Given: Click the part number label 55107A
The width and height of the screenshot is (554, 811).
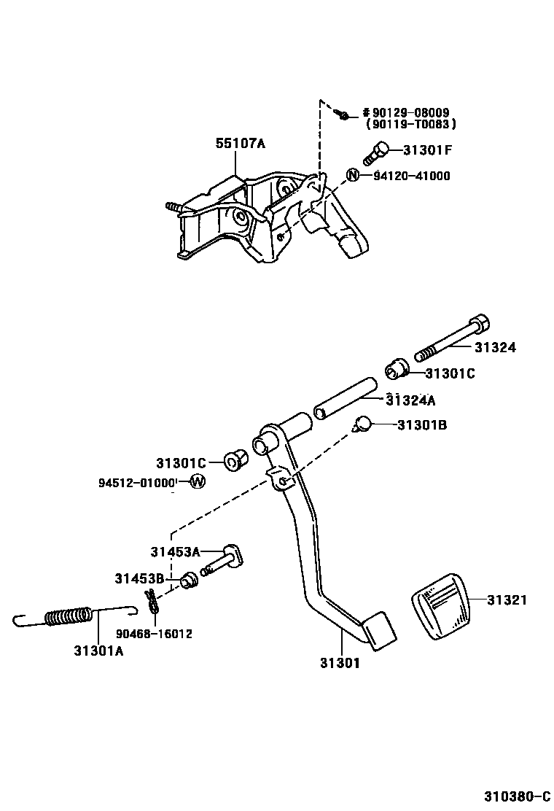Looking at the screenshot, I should [x=240, y=144].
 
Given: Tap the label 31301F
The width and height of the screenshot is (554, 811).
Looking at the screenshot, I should [x=428, y=151].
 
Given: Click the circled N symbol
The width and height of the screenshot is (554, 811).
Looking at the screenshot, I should [x=352, y=175].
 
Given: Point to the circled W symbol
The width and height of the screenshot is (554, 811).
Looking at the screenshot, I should [x=198, y=481].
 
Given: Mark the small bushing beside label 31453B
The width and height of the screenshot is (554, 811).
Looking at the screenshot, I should [x=189, y=581].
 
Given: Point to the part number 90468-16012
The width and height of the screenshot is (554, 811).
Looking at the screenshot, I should [x=155, y=634].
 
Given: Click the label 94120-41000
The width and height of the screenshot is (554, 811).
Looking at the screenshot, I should [x=412, y=176].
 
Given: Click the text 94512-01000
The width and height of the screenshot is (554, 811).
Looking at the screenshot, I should [x=138, y=482].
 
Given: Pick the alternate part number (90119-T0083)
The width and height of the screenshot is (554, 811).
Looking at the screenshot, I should [x=411, y=125].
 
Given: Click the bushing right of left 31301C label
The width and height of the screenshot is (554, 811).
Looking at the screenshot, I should [x=235, y=461].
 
